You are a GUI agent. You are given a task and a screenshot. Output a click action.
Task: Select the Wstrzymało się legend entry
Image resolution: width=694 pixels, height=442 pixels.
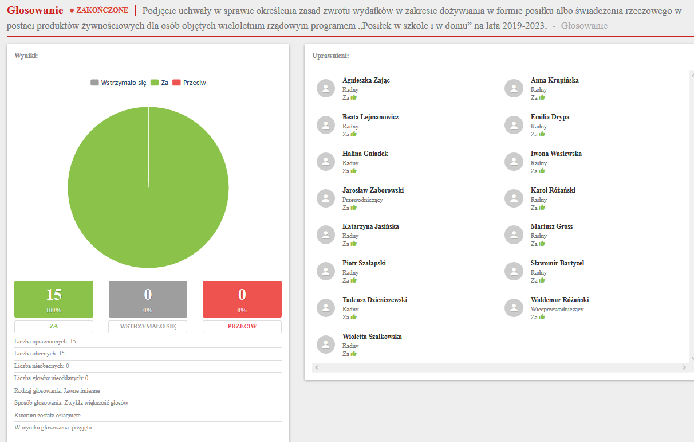[119, 83]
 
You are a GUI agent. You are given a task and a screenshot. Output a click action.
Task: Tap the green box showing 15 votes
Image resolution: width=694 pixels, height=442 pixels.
[54, 299]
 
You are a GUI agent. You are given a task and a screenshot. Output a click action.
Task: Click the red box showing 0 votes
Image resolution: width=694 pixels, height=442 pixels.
[242, 299]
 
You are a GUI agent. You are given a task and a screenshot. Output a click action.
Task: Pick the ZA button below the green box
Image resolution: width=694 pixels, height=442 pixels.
[54, 326]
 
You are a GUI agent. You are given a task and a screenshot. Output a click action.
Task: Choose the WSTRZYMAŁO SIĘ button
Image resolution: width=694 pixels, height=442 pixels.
[148, 326]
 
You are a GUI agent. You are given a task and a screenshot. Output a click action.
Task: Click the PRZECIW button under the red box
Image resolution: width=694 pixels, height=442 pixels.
[242, 326]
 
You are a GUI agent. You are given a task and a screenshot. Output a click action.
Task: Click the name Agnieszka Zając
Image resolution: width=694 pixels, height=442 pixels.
[366, 80]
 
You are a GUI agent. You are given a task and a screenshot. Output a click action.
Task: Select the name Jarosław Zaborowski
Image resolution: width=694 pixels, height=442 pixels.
[373, 190]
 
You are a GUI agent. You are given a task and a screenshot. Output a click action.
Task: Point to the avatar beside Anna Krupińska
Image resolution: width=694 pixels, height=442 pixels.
[514, 88]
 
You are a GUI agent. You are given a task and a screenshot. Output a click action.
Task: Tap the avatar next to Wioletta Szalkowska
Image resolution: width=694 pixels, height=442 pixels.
[326, 345]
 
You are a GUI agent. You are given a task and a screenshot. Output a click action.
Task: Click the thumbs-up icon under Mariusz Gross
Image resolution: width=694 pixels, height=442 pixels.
[542, 244]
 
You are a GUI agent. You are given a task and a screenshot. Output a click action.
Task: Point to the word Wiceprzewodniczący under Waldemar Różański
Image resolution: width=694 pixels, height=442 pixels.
[557, 310]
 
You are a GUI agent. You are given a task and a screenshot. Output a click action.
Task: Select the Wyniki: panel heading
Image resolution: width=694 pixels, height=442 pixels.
[26, 55]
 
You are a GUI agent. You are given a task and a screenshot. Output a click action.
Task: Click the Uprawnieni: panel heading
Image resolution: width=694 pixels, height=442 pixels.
[330, 56]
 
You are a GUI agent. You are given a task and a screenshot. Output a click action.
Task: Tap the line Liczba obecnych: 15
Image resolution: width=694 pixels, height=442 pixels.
[40, 354]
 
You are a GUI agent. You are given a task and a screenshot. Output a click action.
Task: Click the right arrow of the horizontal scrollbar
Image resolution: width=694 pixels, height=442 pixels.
[684, 367]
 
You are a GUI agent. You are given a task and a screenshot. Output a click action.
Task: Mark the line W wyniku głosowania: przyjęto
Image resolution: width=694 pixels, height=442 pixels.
[53, 428]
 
